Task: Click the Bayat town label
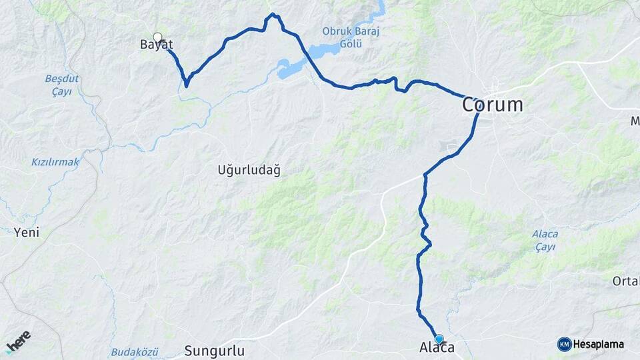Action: tap(157, 45)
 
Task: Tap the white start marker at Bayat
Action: tap(157, 37)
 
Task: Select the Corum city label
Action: tap(493, 105)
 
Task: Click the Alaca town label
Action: tap(437, 348)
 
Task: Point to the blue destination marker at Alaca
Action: tap(439, 339)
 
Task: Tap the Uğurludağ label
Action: tap(249, 169)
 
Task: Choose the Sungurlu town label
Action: tap(215, 351)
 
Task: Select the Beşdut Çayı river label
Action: tap(62, 85)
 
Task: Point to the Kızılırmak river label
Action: tap(55, 162)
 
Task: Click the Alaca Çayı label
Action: tap(545, 240)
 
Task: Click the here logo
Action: tap(18, 341)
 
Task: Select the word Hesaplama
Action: tap(598, 345)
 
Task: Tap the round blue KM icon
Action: tap(564, 345)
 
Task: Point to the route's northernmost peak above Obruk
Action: tap(273, 14)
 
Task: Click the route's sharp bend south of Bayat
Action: tap(186, 85)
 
